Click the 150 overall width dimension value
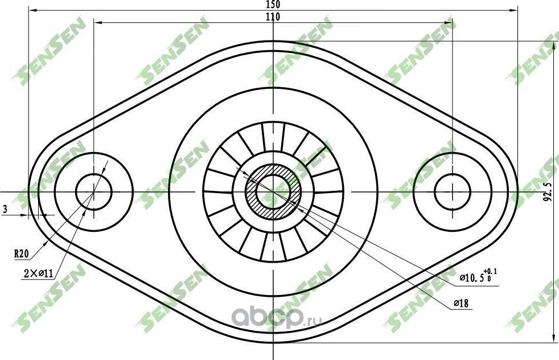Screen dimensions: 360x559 [x=273, y=4]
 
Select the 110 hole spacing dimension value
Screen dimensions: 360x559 [x=273, y=17]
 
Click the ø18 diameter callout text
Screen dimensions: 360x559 [x=461, y=304]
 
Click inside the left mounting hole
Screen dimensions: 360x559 [x=94, y=192]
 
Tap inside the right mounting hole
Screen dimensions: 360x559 [x=453, y=192]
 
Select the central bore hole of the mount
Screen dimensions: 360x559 [x=274, y=192]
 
